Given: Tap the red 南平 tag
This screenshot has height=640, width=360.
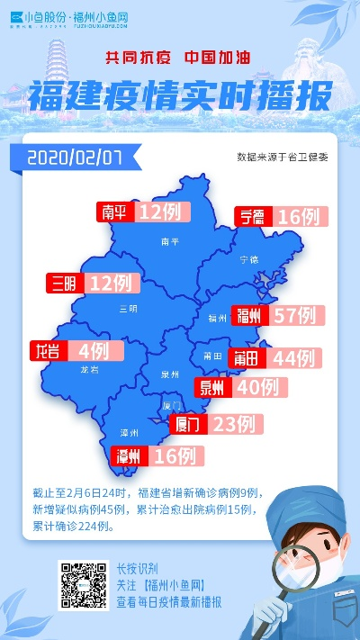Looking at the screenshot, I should tap(115, 212).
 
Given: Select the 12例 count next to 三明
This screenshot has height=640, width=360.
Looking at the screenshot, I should tap(110, 284).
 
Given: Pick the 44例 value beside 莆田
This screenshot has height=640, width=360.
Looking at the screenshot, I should tap(292, 358).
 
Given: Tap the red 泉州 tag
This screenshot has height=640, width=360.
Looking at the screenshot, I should tap(212, 388).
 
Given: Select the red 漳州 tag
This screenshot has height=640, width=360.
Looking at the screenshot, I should tap(126, 455).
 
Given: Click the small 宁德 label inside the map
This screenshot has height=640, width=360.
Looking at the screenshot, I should tap(248, 259).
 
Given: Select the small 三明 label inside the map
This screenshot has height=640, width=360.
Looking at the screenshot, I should tap(129, 310).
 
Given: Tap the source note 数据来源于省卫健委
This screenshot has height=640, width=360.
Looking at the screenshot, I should tap(282, 157).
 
